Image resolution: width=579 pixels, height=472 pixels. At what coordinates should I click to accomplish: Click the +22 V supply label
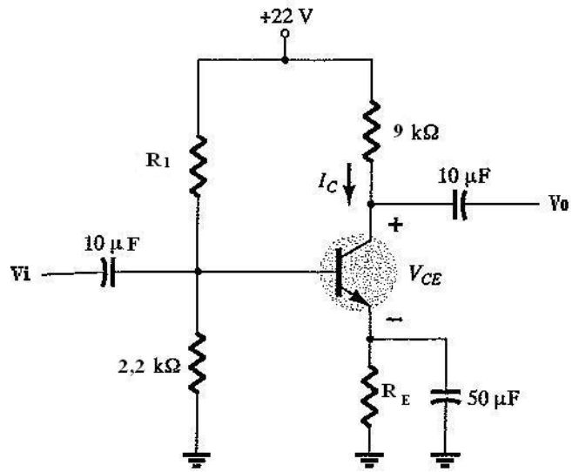pyautogui.click(x=286, y=17)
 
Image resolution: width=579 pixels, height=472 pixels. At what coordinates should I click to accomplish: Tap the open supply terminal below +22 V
pyautogui.click(x=285, y=34)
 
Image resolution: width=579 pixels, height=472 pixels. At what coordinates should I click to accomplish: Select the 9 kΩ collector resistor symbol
pyautogui.click(x=371, y=131)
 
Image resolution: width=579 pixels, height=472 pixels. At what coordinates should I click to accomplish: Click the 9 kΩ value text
pyautogui.click(x=416, y=132)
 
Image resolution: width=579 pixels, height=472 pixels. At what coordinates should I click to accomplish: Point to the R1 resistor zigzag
pyautogui.click(x=198, y=165)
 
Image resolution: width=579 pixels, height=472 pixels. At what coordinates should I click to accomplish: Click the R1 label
pyautogui.click(x=158, y=160)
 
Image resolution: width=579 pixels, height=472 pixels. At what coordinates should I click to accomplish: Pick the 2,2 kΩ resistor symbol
pyautogui.click(x=197, y=362)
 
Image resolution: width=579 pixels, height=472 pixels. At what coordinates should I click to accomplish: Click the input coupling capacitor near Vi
pyautogui.click(x=108, y=273)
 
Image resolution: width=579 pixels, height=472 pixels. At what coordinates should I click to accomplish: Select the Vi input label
pyautogui.click(x=21, y=275)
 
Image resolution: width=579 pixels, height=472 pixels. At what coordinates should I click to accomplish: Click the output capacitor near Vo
pyautogui.click(x=460, y=205)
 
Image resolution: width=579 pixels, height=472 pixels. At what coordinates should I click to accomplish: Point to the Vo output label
pyautogui.click(x=559, y=203)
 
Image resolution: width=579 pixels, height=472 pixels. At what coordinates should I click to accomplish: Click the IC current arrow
pyautogui.click(x=348, y=189)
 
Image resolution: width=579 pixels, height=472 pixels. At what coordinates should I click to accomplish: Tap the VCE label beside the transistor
pyautogui.click(x=425, y=275)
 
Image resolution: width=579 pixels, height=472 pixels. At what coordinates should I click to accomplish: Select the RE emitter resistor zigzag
pyautogui.click(x=369, y=397)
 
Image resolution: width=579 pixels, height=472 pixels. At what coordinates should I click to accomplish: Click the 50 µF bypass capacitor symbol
pyautogui.click(x=446, y=395)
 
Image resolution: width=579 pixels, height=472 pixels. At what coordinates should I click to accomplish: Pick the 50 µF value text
pyautogui.click(x=493, y=399)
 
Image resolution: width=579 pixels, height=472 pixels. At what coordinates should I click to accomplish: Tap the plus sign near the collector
pyautogui.click(x=395, y=224)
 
